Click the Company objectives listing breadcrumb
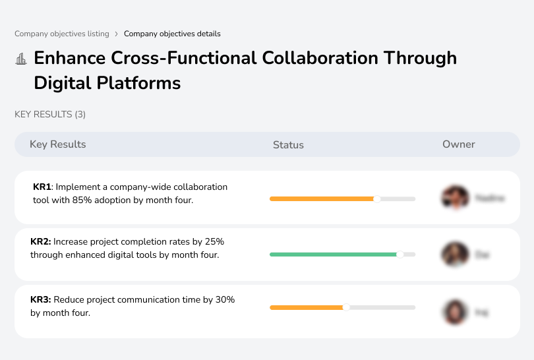(62, 34)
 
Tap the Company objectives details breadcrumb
(172, 34)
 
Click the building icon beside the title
(21, 59)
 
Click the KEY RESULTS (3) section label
(50, 115)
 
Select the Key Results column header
(57, 144)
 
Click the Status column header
(288, 145)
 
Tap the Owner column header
(458, 144)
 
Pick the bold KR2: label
(41, 242)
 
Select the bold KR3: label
(41, 300)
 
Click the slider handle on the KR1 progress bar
(377, 198)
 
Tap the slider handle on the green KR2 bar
(400, 254)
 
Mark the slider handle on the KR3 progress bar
(346, 307)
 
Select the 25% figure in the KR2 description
(214, 242)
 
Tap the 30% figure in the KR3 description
(225, 300)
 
